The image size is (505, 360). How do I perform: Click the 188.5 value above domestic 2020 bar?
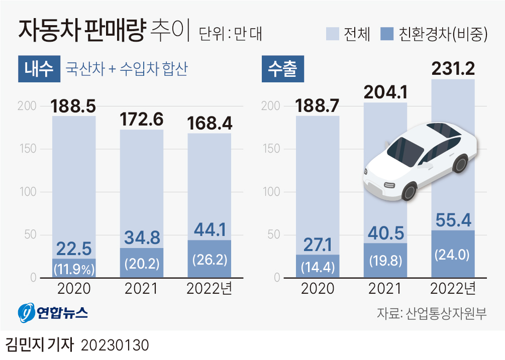click(x=73, y=106)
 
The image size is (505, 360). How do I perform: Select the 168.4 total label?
click(x=209, y=123)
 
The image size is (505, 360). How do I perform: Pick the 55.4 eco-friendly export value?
click(x=453, y=219)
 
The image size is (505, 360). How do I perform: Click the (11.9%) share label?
click(x=74, y=269)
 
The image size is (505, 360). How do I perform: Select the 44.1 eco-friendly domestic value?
click(x=209, y=230)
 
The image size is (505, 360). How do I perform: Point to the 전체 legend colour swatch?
click(x=333, y=34)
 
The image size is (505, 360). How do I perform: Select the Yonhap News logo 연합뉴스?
click(x=53, y=313)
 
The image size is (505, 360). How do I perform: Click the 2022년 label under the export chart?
click(x=453, y=289)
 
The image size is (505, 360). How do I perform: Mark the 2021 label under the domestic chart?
click(x=141, y=289)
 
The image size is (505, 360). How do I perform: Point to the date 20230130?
click(x=115, y=346)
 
